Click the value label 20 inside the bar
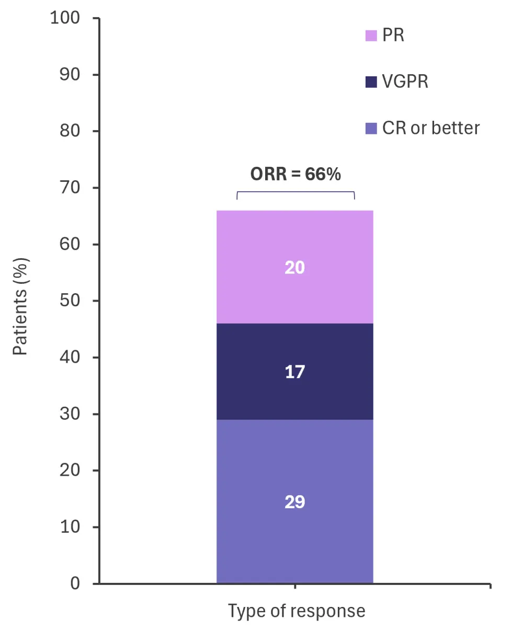pyautogui.click(x=294, y=268)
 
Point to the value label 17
pyautogui.click(x=294, y=372)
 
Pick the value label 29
pyautogui.click(x=294, y=502)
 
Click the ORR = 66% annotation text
pyautogui.click(x=295, y=174)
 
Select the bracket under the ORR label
pyautogui.click(x=295, y=193)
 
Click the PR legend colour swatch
pyautogui.click(x=371, y=36)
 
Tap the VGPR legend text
pyautogui.click(x=405, y=82)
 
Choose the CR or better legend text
pyautogui.click(x=430, y=129)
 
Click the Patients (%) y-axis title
pyautogui.click(x=20, y=307)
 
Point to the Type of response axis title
pyautogui.click(x=297, y=611)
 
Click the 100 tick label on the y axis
pyautogui.click(x=65, y=18)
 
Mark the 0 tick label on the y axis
pyautogui.click(x=75, y=583)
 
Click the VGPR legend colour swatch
pyautogui.click(x=371, y=82)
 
